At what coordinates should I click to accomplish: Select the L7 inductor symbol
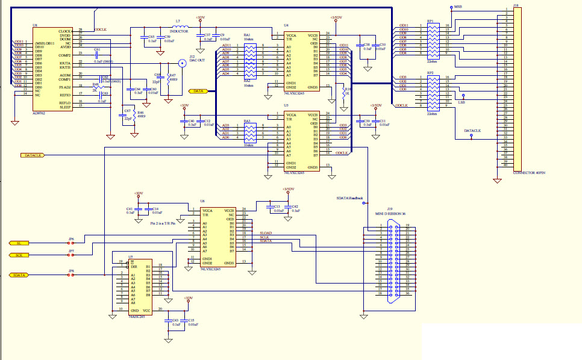(178, 26)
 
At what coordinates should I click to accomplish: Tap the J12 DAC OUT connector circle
(182, 63)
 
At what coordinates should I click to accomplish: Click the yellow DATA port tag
(198, 92)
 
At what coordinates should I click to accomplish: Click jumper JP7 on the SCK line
(71, 255)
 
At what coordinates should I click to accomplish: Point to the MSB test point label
(458, 7)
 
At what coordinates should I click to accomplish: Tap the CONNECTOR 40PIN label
(528, 173)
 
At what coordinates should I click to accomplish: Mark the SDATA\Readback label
(350, 197)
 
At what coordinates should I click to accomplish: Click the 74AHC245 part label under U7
(138, 315)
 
